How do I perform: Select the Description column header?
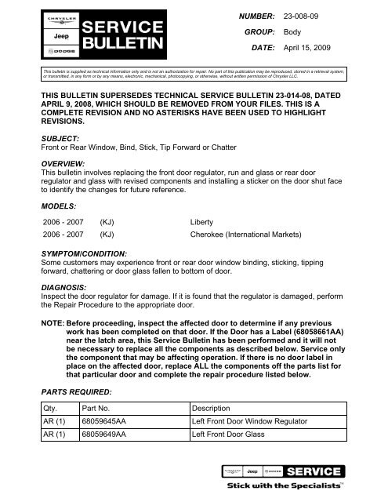tap(214, 409)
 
